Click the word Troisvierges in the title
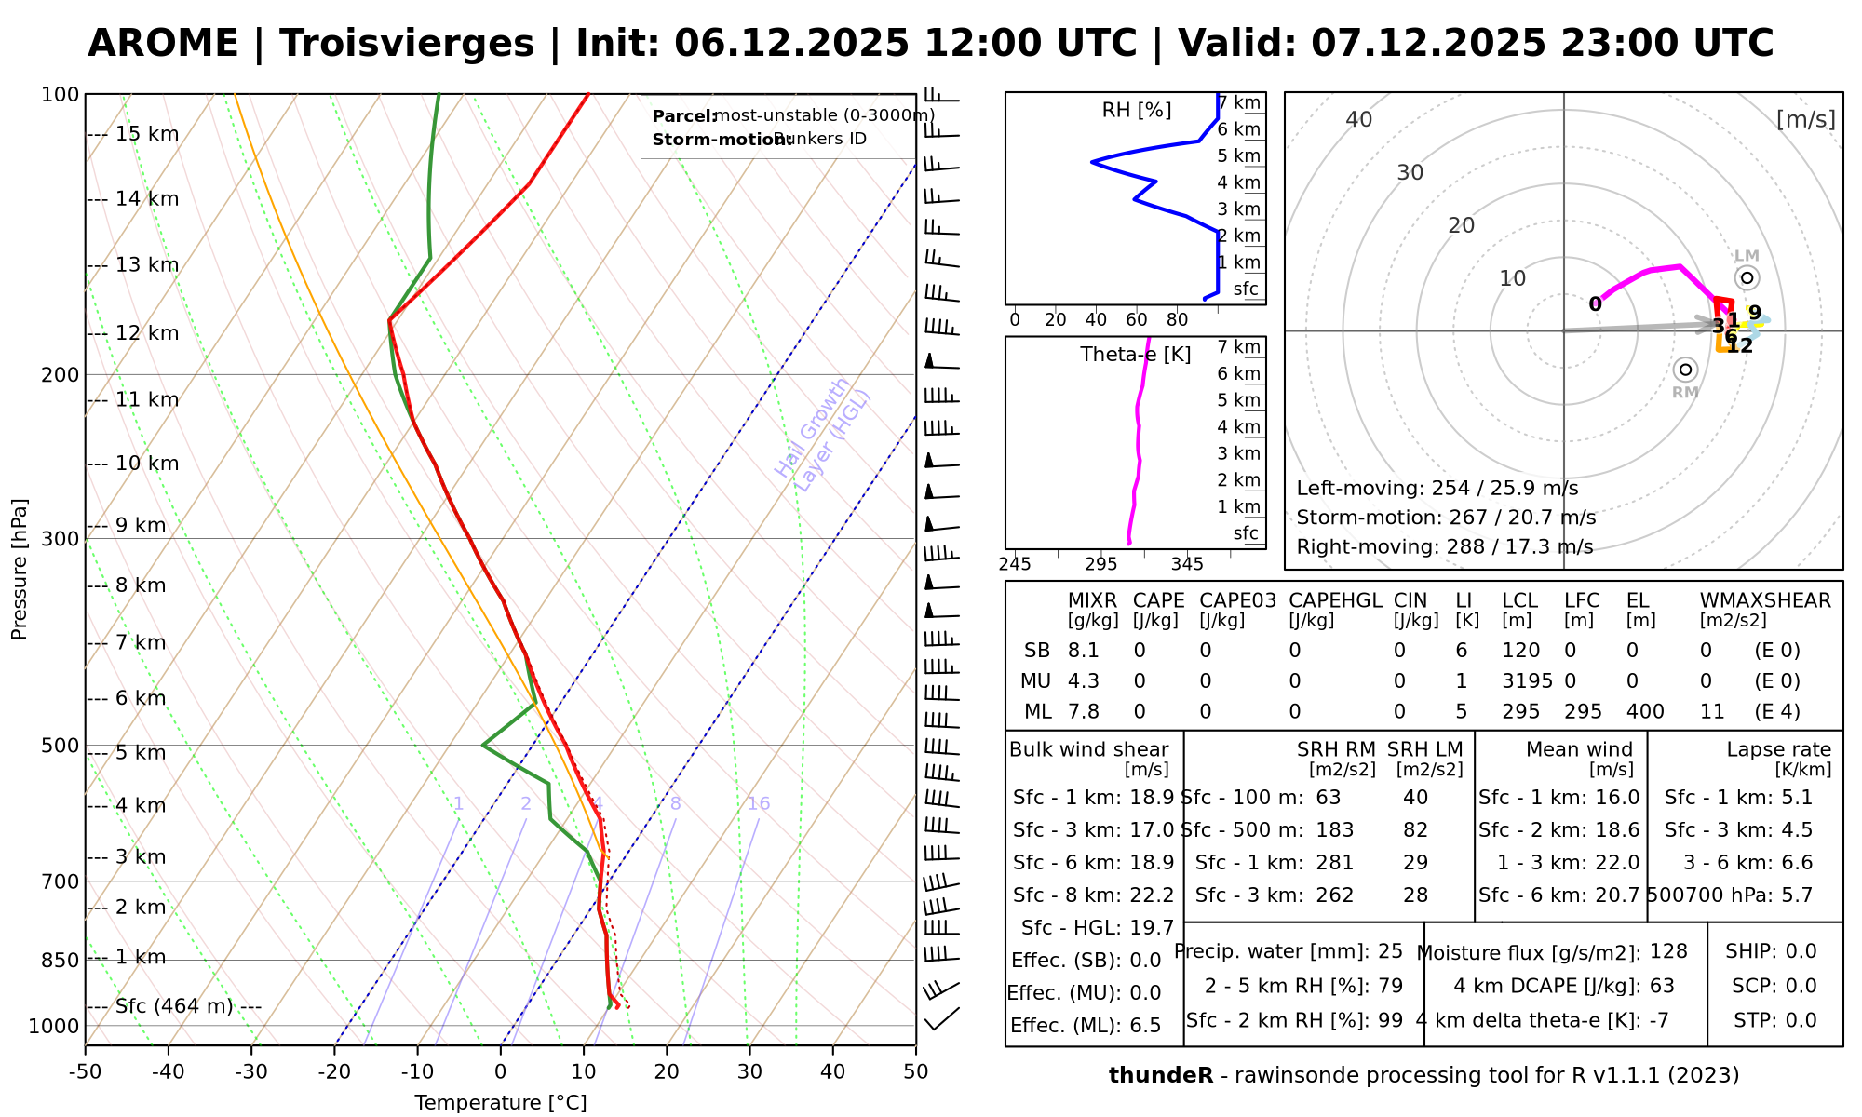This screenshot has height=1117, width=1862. (x=407, y=44)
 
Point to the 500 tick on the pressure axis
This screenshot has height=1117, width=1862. (x=61, y=746)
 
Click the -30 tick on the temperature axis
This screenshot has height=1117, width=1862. (x=251, y=1071)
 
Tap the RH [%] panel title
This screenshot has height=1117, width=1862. (x=1136, y=111)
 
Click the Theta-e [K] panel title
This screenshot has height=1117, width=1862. (x=1135, y=355)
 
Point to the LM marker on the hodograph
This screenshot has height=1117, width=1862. (x=1747, y=277)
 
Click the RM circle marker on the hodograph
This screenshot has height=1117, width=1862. (x=1685, y=370)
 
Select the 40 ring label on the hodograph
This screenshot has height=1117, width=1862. (x=1359, y=119)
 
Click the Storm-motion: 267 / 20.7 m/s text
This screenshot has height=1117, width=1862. (x=1446, y=518)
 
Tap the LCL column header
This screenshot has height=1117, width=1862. (x=1519, y=601)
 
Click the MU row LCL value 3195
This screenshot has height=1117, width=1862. (x=1527, y=681)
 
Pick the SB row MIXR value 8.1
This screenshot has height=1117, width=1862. (x=1084, y=651)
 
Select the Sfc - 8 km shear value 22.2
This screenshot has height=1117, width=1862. (x=1152, y=895)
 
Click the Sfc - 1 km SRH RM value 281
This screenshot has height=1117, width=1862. (x=1335, y=863)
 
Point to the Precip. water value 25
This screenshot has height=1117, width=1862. (x=1390, y=951)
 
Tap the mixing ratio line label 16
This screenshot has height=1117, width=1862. (x=759, y=804)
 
